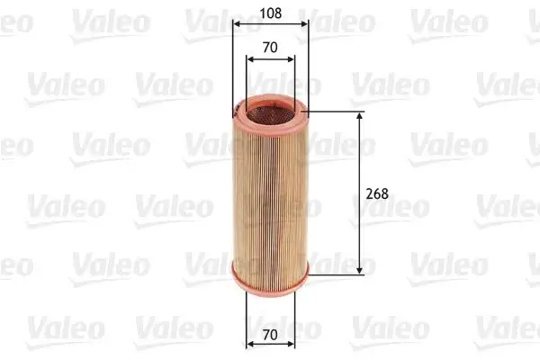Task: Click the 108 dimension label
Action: click(271, 14)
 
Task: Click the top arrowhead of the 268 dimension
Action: click(361, 116)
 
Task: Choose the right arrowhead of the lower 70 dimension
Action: click(292, 345)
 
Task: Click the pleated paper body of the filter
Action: click(270, 193)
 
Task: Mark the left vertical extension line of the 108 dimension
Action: click(233, 63)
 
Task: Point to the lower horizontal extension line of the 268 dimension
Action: click(337, 273)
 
